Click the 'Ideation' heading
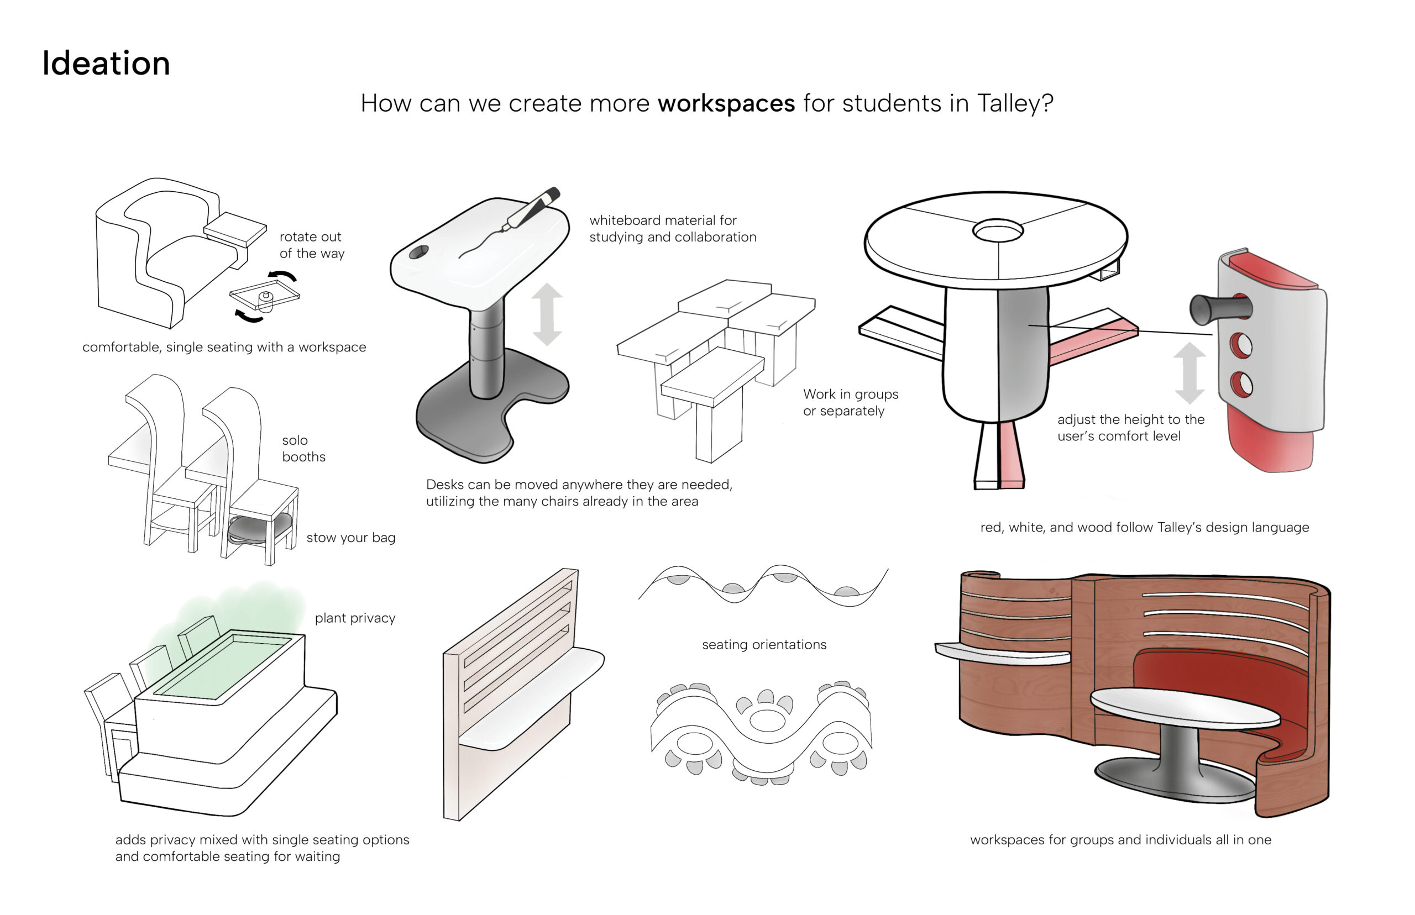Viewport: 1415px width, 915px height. (106, 63)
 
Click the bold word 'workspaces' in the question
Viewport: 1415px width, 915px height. (726, 103)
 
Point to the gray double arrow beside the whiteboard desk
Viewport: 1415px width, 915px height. (547, 314)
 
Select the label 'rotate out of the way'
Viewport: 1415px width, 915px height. (311, 245)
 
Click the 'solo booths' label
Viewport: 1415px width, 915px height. (303, 448)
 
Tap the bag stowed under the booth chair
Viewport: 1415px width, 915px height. (259, 528)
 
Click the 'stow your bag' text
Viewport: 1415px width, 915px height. (350, 538)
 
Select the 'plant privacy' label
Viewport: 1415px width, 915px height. (355, 618)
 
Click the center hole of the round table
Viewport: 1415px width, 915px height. (997, 230)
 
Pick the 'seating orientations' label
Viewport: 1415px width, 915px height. (764, 645)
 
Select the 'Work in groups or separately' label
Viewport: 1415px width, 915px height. (850, 402)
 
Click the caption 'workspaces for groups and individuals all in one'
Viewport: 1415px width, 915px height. (1120, 839)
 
